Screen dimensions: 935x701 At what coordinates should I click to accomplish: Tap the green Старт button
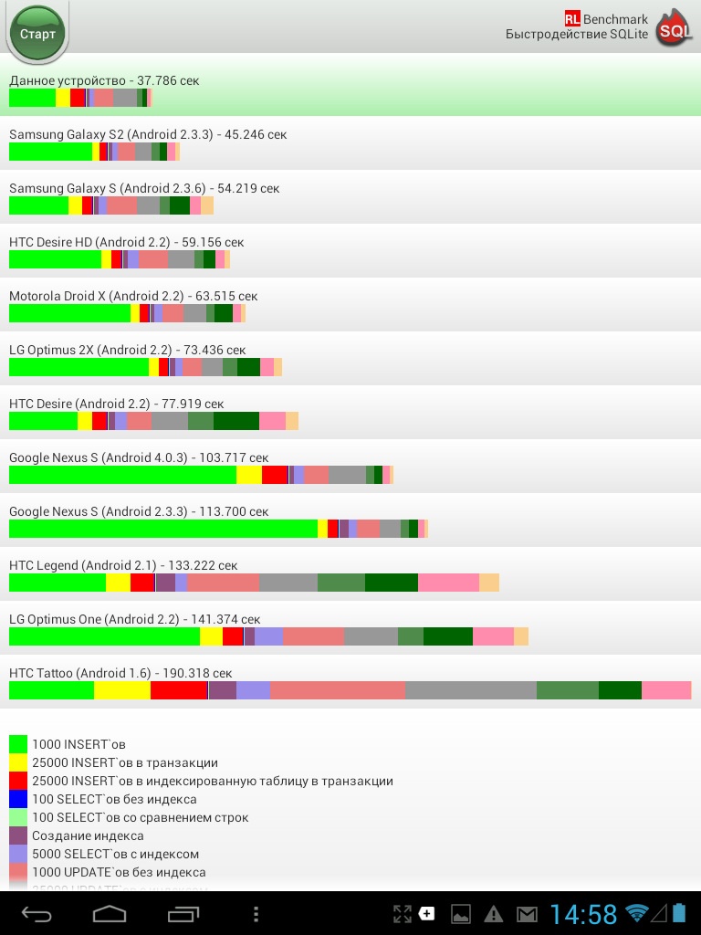37,34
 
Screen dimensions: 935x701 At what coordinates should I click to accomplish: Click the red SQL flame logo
675,30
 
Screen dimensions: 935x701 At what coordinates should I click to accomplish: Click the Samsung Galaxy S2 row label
148,134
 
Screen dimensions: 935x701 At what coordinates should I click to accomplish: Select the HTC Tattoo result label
131,673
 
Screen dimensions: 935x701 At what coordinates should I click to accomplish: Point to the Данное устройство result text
104,80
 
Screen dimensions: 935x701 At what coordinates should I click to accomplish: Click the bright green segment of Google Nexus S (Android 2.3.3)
162,529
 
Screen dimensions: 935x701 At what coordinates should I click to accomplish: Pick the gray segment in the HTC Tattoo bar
470,690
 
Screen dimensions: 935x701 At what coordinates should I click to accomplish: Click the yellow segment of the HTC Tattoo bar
122,690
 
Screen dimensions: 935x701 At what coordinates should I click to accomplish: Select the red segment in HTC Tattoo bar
179,690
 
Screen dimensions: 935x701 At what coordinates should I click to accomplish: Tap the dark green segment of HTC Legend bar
391,583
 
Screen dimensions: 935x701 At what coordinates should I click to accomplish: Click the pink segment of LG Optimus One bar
493,636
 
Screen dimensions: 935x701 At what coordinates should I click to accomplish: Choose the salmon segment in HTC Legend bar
223,583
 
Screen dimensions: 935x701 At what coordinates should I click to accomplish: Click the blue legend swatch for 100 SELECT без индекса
18,799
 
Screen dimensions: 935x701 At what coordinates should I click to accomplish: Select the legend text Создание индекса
88,835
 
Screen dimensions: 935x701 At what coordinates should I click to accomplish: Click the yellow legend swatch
18,762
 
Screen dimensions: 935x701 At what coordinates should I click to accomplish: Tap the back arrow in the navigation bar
37,913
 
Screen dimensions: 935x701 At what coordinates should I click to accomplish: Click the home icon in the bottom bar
110,913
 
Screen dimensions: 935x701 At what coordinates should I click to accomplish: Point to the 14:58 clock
583,913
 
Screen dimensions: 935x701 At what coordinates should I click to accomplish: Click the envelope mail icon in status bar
527,913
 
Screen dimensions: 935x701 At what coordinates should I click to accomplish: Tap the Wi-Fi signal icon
636,913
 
